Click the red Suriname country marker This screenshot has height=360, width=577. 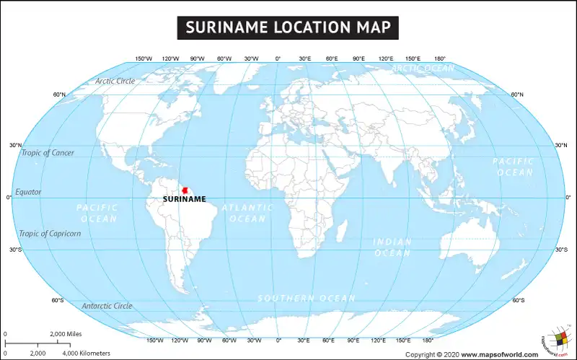(185, 190)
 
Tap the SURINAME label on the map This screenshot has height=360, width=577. (185, 199)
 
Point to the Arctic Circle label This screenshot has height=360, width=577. (115, 81)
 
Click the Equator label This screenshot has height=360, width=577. (28, 192)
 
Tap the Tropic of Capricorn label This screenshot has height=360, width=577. (50, 234)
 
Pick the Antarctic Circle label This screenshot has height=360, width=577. (107, 306)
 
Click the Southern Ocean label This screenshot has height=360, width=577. (307, 298)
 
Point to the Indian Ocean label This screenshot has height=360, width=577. (393, 247)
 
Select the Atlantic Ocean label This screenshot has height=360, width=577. (247, 213)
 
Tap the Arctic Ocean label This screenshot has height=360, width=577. (423, 69)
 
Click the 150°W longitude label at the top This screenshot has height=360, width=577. (144, 58)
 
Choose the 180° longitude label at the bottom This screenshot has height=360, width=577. (428, 340)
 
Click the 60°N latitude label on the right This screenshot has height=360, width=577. (517, 95)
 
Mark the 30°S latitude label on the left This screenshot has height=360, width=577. (15, 250)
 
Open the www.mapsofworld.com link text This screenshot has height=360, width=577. (499, 354)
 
